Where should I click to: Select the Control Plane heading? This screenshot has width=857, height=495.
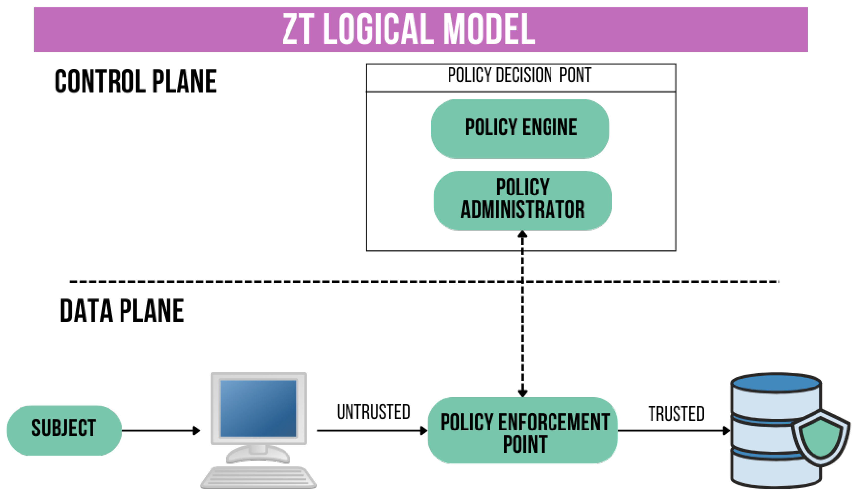point(135,81)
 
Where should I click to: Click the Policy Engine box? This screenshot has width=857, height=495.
point(520,129)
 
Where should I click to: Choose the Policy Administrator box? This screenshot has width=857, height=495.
point(522,201)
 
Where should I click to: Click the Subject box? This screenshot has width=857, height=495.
point(64,430)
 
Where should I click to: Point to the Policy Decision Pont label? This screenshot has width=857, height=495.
point(520,75)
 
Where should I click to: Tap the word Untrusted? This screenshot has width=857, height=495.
point(373,412)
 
